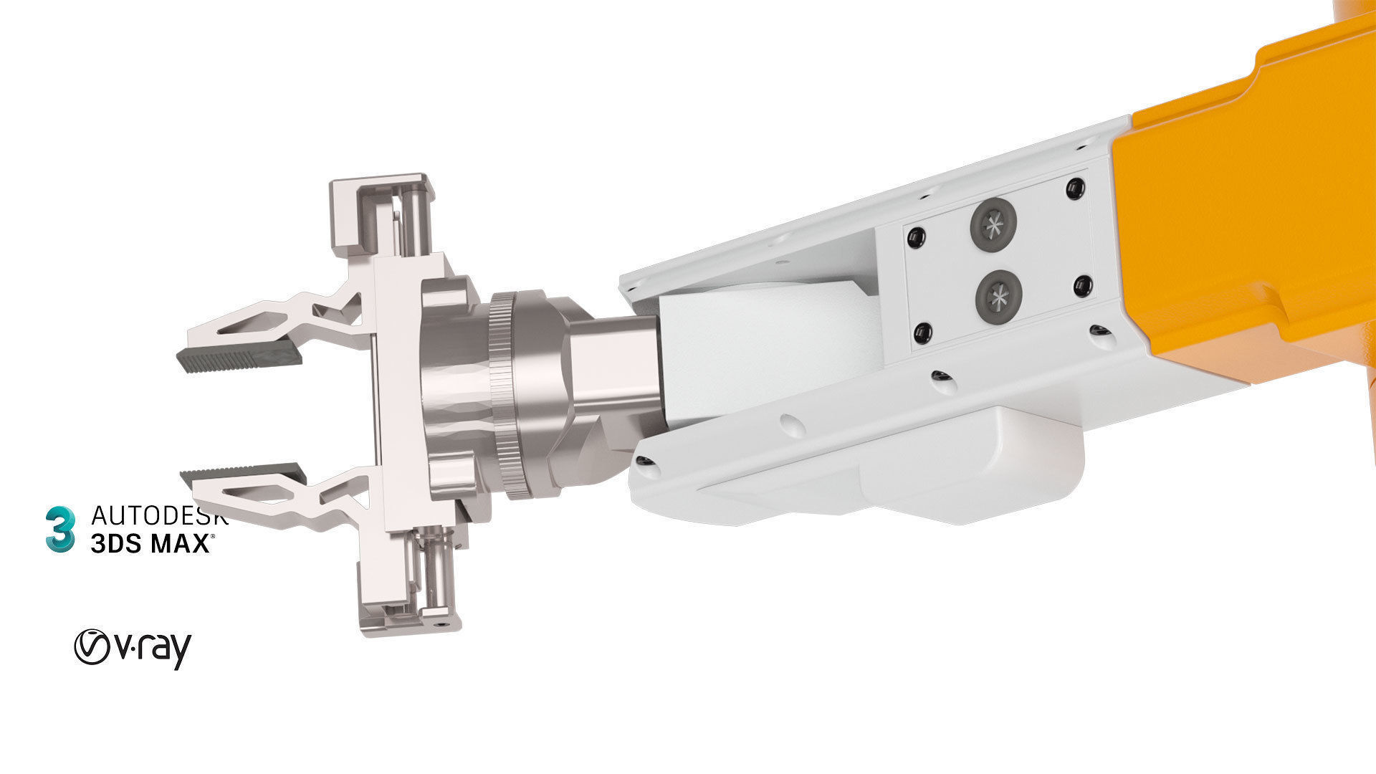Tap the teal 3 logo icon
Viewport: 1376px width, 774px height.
(60, 529)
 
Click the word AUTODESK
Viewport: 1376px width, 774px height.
(159, 515)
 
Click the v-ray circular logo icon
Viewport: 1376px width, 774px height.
(92, 646)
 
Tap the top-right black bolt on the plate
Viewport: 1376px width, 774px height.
(1074, 188)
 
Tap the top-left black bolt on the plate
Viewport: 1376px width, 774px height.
(914, 237)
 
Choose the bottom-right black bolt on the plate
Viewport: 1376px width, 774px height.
(1083, 287)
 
